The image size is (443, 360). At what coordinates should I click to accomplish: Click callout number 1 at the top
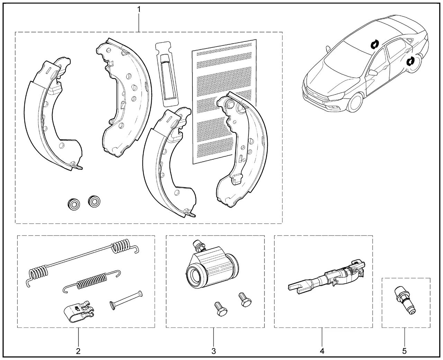click(139, 9)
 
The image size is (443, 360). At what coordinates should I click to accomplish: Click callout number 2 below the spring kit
click(78, 351)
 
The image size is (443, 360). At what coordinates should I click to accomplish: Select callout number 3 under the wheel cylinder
click(214, 351)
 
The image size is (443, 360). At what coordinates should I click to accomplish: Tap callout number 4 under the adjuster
click(322, 351)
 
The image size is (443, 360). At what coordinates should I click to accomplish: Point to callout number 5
click(404, 351)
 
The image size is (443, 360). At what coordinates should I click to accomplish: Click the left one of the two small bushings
click(73, 203)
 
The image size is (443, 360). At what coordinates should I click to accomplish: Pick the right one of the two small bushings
click(94, 201)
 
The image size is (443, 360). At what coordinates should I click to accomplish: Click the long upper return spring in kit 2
click(83, 259)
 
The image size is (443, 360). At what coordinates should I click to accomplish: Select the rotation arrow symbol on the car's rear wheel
click(410, 62)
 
